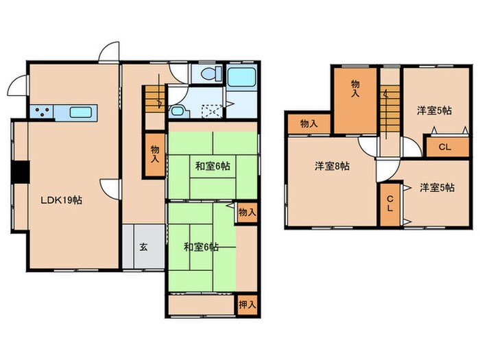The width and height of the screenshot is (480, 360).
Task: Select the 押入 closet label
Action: coord(248,304)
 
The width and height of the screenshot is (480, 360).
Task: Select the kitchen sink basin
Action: coord(82,112)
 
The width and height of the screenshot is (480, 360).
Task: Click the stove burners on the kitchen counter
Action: coord(40,112)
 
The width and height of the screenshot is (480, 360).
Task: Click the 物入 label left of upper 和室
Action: coord(156,154)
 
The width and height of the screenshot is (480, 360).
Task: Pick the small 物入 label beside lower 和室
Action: coord(247,213)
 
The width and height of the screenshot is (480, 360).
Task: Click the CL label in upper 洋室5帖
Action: coord(444,147)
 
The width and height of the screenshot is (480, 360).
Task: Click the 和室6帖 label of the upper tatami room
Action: coord(212,166)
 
